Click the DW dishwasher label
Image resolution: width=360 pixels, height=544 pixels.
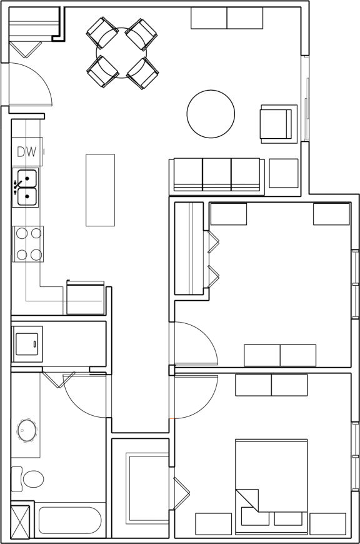(x=26, y=151)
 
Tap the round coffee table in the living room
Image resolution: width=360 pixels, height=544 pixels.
(x=211, y=114)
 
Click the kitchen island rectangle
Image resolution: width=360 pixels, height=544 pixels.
(x=100, y=190)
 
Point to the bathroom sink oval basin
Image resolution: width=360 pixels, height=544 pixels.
(x=27, y=430)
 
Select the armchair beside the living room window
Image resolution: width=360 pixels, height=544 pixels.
(x=277, y=123)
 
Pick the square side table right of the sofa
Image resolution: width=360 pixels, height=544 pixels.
(x=284, y=174)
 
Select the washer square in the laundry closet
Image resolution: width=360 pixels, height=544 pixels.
(x=27, y=343)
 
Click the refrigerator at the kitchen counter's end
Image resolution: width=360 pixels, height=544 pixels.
(x=85, y=298)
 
